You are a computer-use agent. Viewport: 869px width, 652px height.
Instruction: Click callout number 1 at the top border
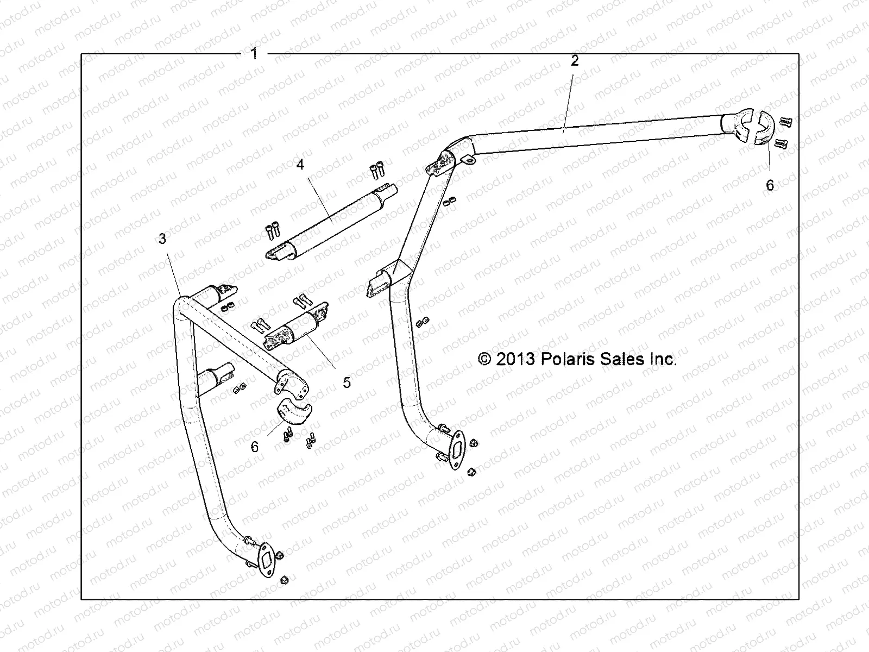[254, 54]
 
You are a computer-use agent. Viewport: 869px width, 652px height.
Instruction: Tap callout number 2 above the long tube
[575, 61]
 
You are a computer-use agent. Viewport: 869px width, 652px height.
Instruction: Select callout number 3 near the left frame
[162, 239]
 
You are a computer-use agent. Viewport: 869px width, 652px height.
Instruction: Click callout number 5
[347, 383]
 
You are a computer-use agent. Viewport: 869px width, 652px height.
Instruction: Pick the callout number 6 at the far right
[770, 185]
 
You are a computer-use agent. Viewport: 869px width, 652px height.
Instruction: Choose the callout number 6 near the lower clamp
[255, 447]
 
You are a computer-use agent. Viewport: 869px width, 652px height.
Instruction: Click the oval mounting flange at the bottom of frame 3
[266, 560]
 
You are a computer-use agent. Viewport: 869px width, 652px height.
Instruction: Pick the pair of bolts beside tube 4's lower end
[272, 232]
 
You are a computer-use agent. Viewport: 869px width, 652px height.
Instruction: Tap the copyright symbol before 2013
[483, 359]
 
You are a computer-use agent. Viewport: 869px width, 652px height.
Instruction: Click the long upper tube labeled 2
[597, 133]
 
